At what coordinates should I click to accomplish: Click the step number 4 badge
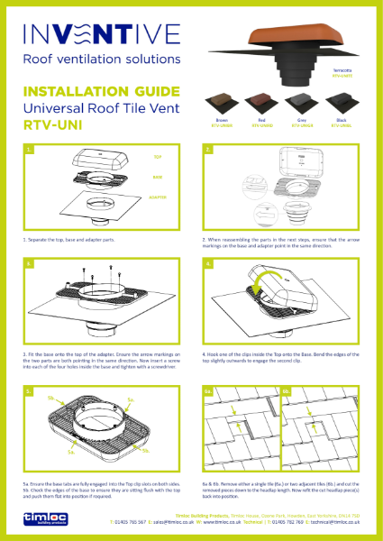(208, 264)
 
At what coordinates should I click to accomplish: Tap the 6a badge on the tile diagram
(208, 390)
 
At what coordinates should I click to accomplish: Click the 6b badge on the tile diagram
(287, 390)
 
